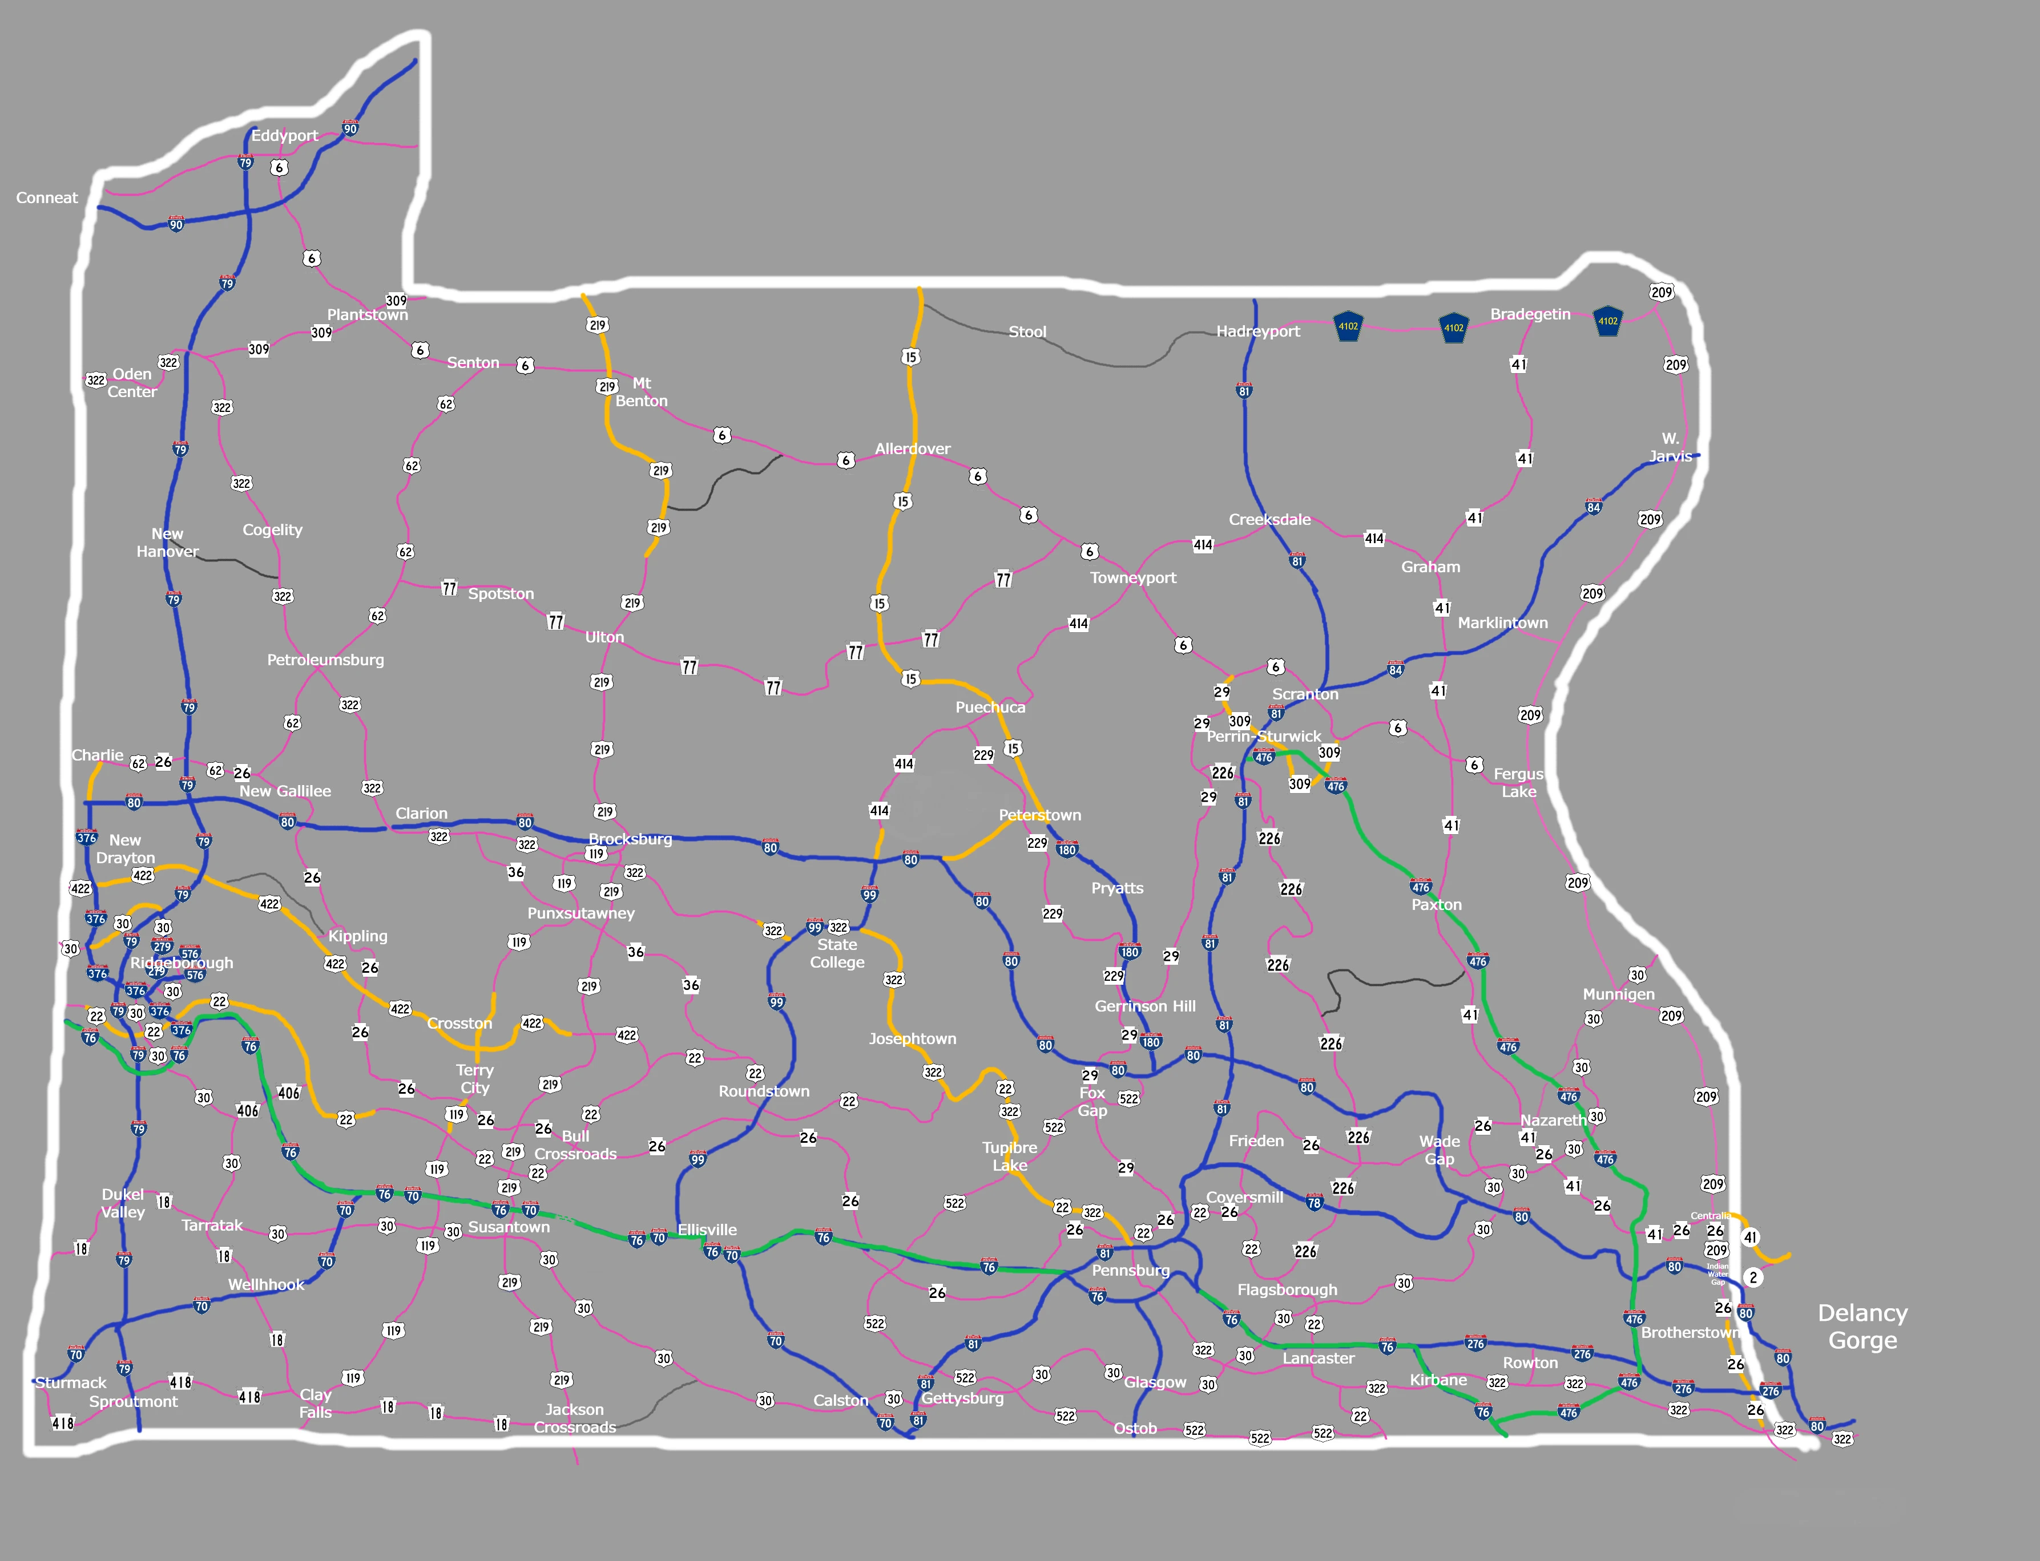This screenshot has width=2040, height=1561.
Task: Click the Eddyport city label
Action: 284,136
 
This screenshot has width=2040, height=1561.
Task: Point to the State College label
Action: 837,953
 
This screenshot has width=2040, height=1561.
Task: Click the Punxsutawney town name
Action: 581,913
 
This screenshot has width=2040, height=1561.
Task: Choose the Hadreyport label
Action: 1259,331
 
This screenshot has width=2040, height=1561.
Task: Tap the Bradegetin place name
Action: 1530,314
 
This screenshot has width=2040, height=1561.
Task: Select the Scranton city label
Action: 1305,694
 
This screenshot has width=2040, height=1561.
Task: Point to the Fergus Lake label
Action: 1519,782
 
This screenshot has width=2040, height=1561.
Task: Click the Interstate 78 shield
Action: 1314,1202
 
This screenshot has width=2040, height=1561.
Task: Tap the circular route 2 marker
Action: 1753,1277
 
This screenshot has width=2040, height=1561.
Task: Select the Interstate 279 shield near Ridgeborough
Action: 163,947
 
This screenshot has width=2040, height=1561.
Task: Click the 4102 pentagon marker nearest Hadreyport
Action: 1348,326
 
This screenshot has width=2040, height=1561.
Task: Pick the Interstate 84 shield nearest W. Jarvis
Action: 1594,507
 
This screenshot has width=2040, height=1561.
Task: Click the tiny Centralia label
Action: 1710,1215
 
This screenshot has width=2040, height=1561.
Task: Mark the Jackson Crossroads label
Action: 574,1418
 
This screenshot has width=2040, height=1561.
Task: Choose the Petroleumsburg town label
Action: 325,660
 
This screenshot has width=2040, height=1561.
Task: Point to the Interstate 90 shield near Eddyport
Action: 350,128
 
